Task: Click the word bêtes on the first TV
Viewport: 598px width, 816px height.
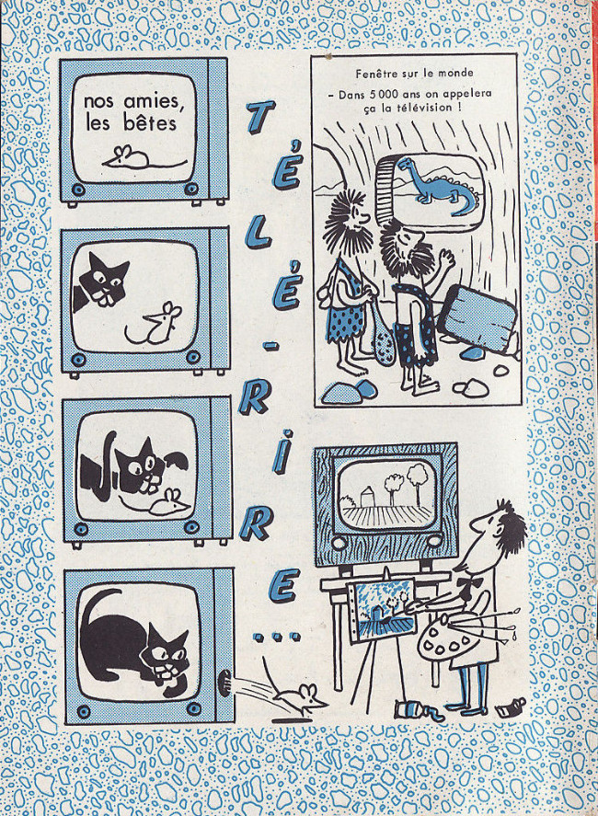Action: coord(150,123)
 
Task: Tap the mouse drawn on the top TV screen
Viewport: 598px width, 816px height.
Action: coord(141,157)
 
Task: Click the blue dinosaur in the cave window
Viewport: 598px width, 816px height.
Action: coord(438,187)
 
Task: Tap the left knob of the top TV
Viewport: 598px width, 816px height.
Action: coord(78,189)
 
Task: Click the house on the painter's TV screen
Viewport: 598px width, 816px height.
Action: coord(366,497)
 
